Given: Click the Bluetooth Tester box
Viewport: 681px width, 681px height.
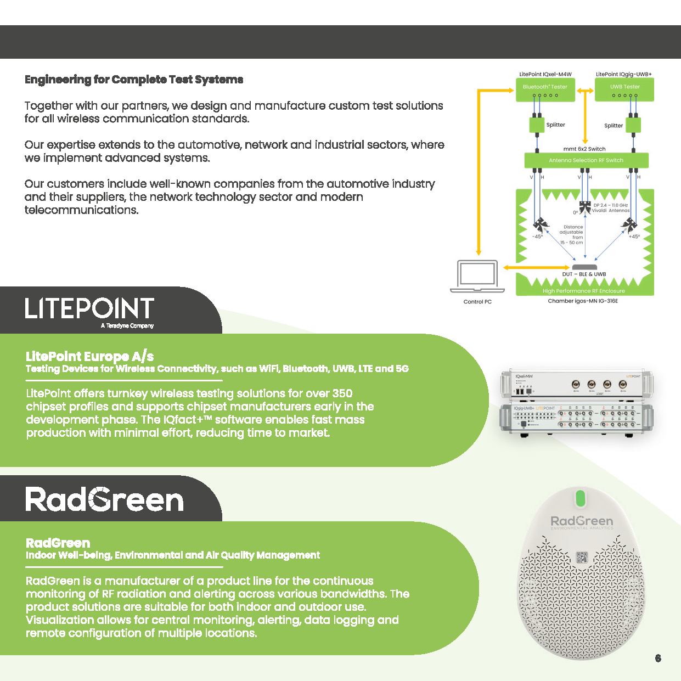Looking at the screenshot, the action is [545, 89].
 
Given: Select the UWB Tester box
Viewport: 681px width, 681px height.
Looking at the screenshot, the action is [624, 89].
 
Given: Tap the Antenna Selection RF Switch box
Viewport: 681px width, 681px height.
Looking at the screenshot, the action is [586, 160].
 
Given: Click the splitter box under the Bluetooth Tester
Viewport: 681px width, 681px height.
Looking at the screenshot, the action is [536, 125].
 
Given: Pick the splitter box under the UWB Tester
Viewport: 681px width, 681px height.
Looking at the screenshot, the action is [633, 125].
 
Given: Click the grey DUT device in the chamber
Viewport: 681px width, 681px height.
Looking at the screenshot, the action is [584, 267].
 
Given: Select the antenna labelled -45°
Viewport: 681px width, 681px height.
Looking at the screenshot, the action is [541, 225].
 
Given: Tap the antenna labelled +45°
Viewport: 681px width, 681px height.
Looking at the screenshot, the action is [629, 224].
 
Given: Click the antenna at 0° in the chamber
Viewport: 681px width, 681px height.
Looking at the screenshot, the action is [585, 208].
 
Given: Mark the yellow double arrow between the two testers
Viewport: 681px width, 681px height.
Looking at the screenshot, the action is [585, 91].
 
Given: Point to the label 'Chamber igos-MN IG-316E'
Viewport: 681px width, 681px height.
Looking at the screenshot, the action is [583, 301].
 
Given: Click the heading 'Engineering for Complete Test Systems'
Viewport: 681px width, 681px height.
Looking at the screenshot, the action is [134, 80].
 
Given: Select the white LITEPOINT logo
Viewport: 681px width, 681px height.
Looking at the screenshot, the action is [89, 309].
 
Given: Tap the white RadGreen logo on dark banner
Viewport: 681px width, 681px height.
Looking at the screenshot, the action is [104, 500].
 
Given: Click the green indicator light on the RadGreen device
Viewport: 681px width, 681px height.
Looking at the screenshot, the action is [580, 498].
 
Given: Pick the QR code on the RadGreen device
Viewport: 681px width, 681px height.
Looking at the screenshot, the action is [582, 558].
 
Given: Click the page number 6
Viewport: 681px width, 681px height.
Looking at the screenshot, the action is [658, 658].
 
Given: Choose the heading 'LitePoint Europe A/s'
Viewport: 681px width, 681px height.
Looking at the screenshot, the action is [89, 356].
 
